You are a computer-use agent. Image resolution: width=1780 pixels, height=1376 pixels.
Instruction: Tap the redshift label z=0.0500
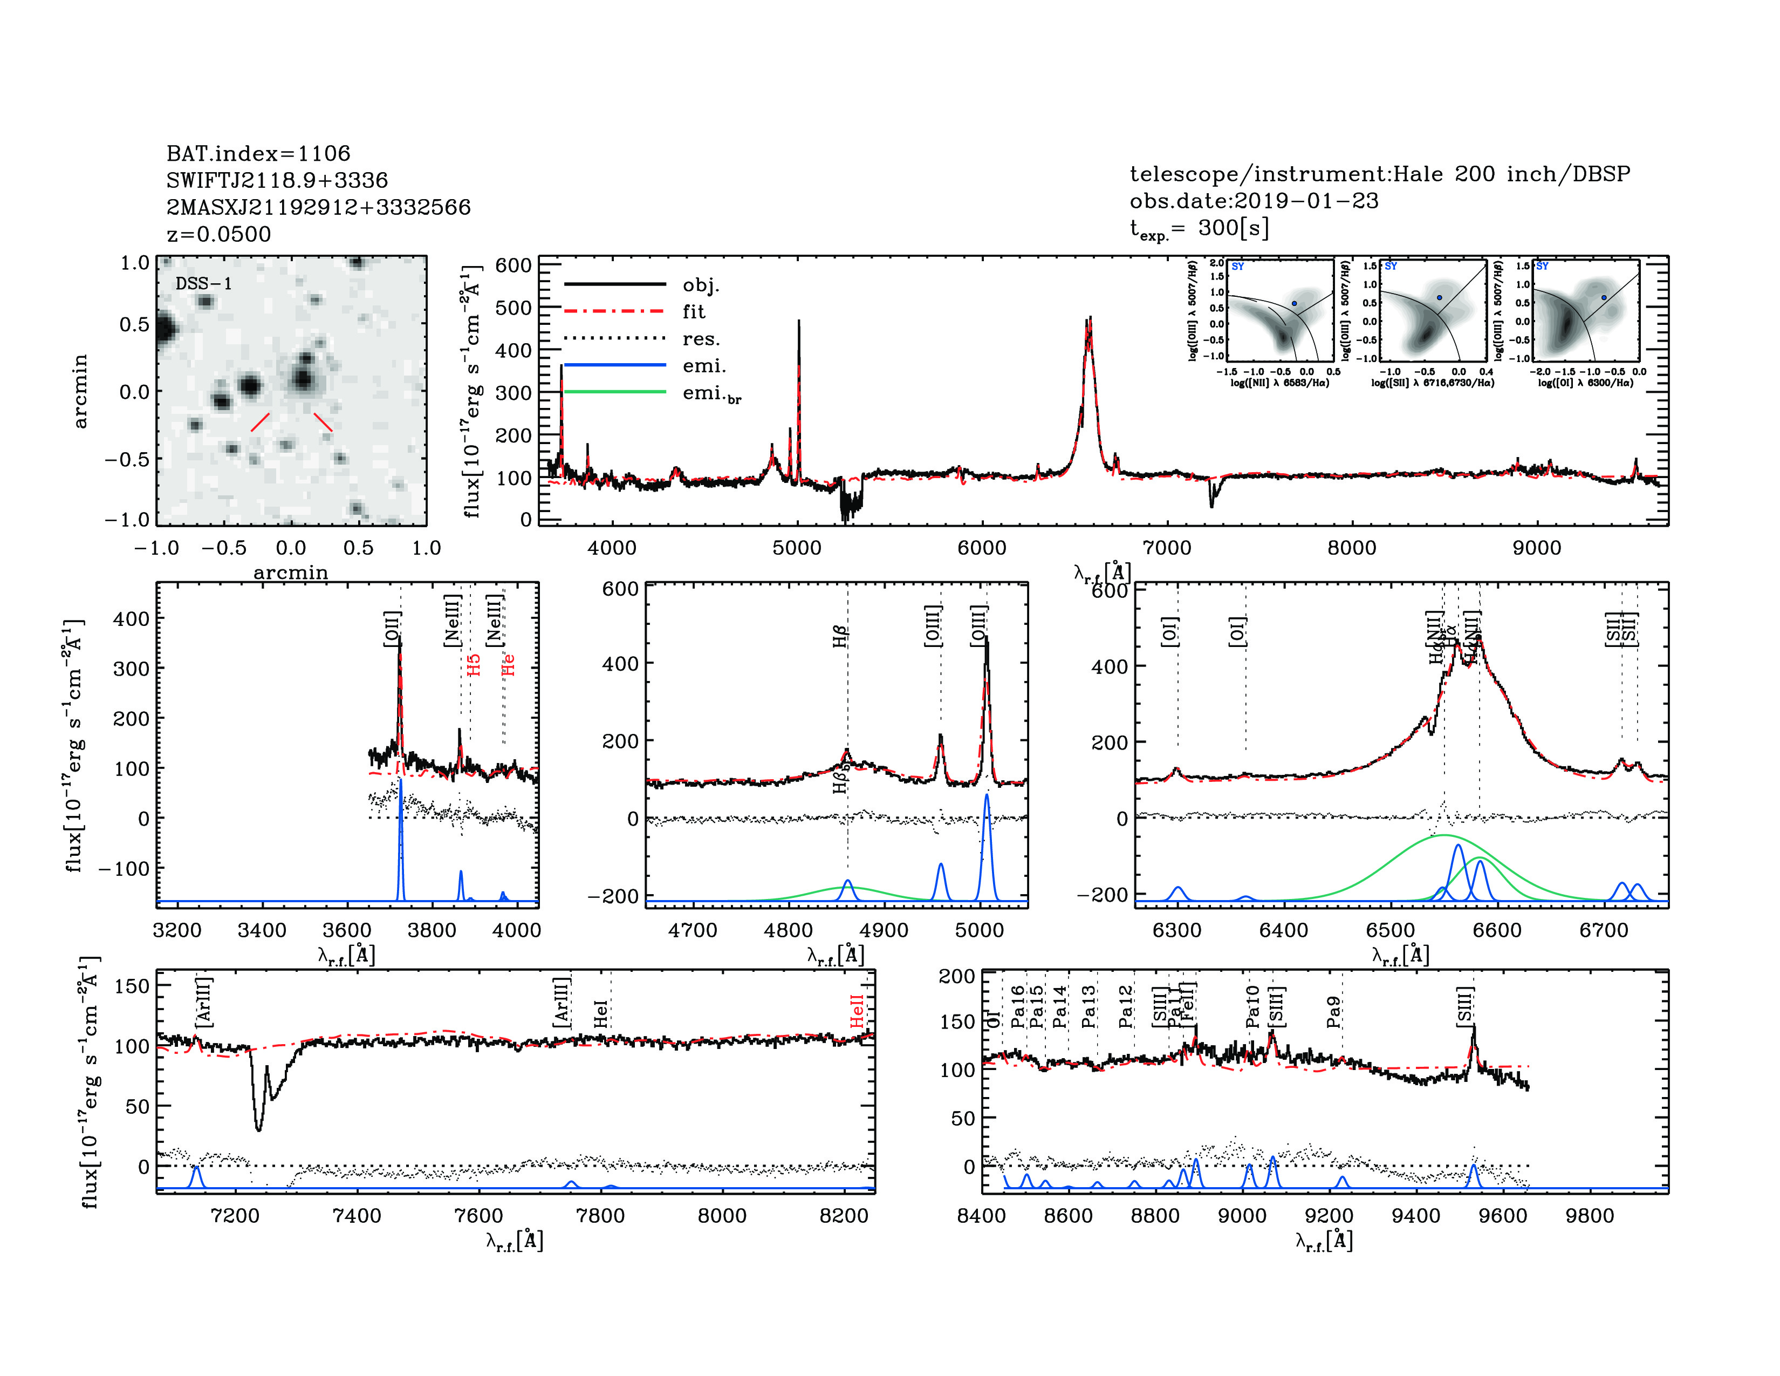218,234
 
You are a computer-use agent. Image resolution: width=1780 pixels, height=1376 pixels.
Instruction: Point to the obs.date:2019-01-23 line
1254,201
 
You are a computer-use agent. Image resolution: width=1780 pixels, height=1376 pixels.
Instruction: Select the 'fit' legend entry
694,311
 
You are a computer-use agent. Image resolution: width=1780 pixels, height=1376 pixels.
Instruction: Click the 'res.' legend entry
701,338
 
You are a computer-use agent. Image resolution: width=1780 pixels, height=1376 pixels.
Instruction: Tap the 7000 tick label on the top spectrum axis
1167,548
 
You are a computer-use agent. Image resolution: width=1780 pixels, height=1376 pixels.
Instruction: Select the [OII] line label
392,629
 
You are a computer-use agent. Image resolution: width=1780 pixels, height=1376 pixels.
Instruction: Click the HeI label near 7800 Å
601,1014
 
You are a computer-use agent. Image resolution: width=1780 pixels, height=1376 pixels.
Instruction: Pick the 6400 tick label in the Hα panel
1284,931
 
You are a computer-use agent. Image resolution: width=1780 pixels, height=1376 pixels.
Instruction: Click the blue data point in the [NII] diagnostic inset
1293,303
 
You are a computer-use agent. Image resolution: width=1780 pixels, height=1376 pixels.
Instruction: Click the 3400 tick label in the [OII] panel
262,931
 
